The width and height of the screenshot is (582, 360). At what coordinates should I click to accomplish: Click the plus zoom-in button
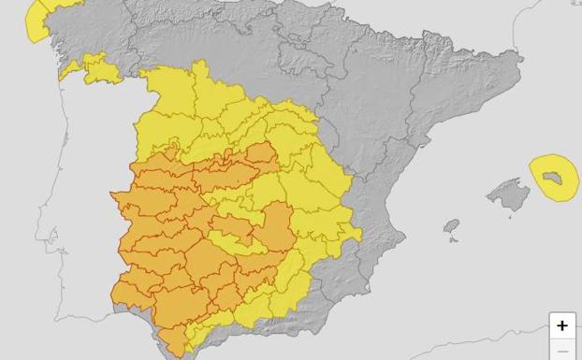pos(561,325)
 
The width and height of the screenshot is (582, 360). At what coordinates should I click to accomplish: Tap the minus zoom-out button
pos(561,352)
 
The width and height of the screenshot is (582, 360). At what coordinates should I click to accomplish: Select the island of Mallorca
pos(509,194)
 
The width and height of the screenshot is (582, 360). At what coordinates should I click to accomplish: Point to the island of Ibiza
pos(452,227)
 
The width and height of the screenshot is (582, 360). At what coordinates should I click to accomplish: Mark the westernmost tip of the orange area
pos(111,195)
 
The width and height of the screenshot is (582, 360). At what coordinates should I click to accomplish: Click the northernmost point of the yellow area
pos(197,63)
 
